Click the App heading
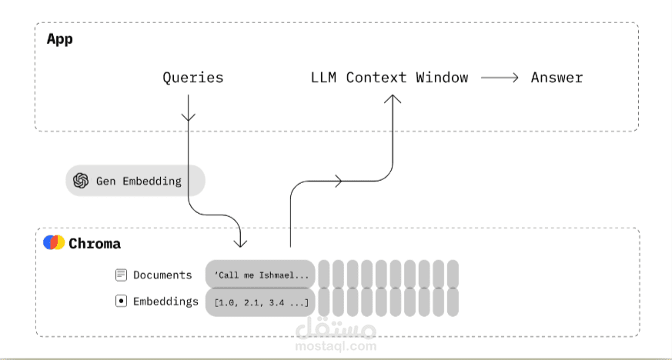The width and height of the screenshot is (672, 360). (x=59, y=39)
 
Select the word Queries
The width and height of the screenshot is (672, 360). (x=193, y=78)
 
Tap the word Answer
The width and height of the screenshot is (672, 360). (x=557, y=78)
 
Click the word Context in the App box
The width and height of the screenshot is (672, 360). (x=376, y=78)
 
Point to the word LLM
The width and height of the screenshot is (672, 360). (x=323, y=78)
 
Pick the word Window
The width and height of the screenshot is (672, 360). (x=442, y=78)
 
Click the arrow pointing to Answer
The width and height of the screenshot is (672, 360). (x=500, y=78)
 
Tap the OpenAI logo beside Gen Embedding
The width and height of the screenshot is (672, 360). (x=81, y=181)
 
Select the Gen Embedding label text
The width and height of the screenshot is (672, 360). (x=139, y=181)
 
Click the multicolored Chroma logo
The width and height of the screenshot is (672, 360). (x=54, y=242)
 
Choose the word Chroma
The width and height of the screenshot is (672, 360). (x=95, y=244)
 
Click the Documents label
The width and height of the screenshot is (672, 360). (x=162, y=275)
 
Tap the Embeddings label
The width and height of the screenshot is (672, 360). (x=165, y=302)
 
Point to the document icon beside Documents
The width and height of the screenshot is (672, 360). (x=122, y=275)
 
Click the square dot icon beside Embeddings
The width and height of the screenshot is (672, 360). (x=122, y=301)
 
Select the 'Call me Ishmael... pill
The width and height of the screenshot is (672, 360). (x=261, y=275)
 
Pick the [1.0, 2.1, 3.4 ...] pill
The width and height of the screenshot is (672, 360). (x=261, y=302)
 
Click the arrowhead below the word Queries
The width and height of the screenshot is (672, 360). (x=188, y=117)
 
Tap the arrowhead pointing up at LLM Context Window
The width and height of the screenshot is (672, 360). (x=393, y=99)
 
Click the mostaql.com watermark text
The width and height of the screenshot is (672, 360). (x=336, y=346)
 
